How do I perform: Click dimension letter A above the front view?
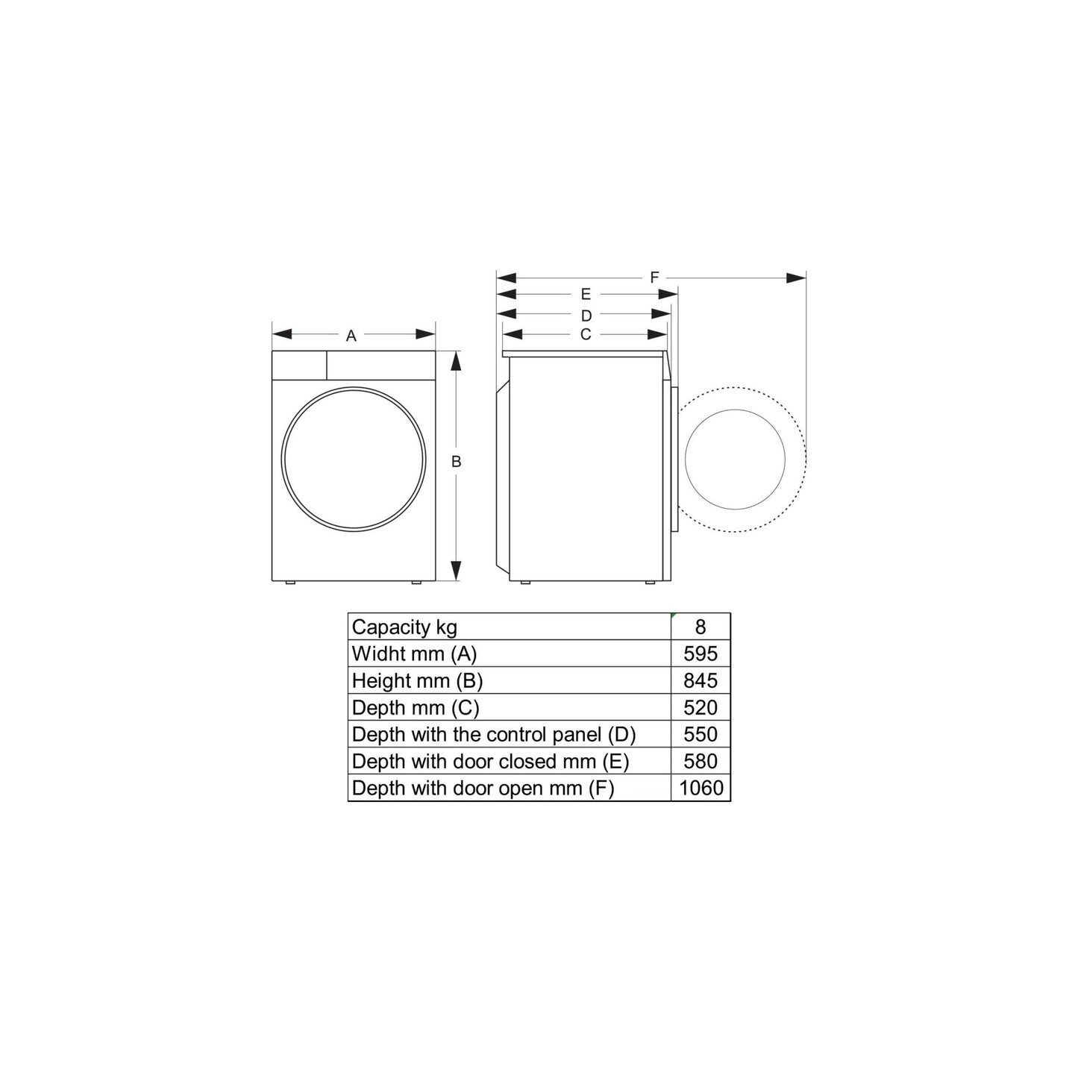click(x=351, y=336)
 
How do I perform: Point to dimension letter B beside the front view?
click(x=456, y=462)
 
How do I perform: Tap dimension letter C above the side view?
click(x=586, y=334)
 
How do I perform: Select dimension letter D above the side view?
click(x=586, y=316)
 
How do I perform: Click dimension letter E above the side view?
click(x=586, y=294)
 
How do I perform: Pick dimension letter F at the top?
click(x=654, y=277)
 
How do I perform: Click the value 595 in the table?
click(x=701, y=653)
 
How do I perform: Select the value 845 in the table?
click(x=701, y=680)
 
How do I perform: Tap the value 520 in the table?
click(x=701, y=707)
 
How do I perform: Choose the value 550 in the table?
click(x=701, y=734)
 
